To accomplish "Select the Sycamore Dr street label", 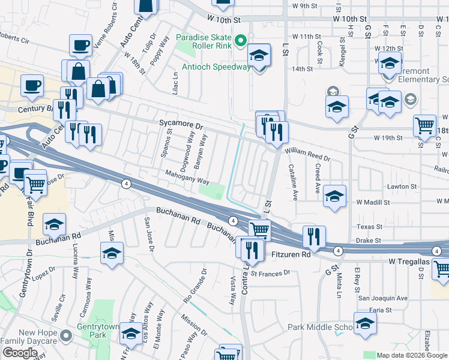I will pyautogui.click(x=182, y=123).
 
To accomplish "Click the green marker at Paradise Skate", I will pyautogui.click(x=241, y=41).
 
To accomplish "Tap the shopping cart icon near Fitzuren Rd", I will pyautogui.click(x=259, y=230).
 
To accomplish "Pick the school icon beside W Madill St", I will pyautogui.click(x=334, y=196).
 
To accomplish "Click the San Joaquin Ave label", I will pyautogui.click(x=382, y=298).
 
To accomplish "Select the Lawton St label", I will pyautogui.click(x=402, y=187).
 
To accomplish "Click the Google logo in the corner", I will pyautogui.click(x=20, y=353).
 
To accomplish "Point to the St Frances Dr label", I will pyautogui.click(x=271, y=273).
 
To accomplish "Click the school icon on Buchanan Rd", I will pyautogui.click(x=54, y=226).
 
